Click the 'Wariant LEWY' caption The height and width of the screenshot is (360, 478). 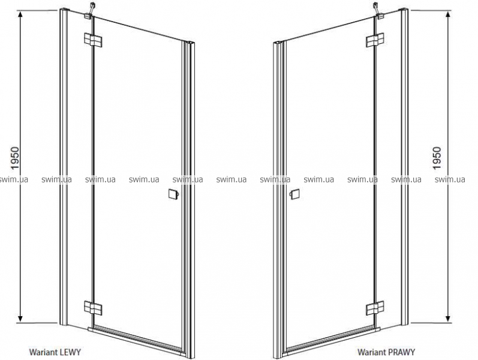55,352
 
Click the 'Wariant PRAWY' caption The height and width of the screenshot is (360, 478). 386,352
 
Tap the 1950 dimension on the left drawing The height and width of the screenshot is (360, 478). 14,158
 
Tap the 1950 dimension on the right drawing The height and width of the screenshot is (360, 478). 437,158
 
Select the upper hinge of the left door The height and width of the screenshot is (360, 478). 93,40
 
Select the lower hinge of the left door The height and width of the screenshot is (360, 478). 93,307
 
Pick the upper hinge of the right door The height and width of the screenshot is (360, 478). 375,40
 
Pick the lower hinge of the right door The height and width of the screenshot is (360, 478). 375,308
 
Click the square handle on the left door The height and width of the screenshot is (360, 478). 174,194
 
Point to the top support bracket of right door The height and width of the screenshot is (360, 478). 378,11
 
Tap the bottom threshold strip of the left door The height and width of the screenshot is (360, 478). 137,341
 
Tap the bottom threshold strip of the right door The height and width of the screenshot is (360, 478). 331,341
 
